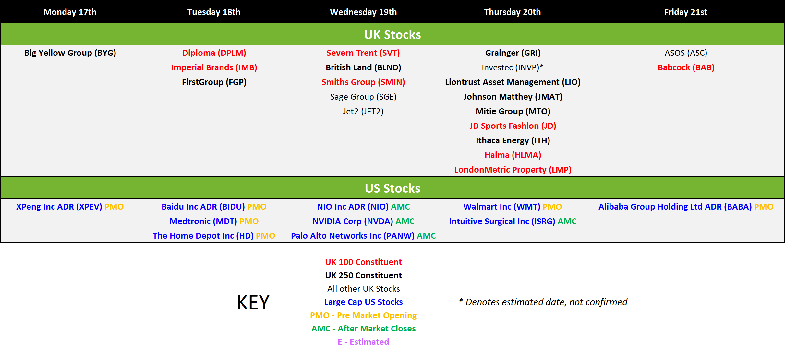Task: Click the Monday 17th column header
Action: pos(70,12)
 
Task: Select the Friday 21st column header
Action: pos(686,12)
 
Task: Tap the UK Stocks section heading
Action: pos(392,34)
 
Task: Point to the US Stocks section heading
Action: pos(392,188)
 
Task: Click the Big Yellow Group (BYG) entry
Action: pos(70,53)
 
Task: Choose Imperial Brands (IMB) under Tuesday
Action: pos(214,67)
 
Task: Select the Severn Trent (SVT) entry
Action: pos(363,53)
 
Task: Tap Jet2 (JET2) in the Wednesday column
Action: pos(363,111)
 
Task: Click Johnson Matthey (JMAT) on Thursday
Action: pos(513,97)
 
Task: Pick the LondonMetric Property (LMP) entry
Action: pos(513,170)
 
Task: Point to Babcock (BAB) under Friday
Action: pos(686,67)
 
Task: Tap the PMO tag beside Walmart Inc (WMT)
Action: pos(552,207)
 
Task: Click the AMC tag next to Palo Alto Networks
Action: pos(426,236)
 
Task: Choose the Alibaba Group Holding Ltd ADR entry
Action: pos(675,207)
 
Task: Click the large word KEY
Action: pos(253,302)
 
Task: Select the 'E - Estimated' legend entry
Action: pos(363,342)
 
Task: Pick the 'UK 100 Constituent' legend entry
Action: pos(363,262)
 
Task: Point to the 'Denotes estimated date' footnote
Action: pos(543,302)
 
